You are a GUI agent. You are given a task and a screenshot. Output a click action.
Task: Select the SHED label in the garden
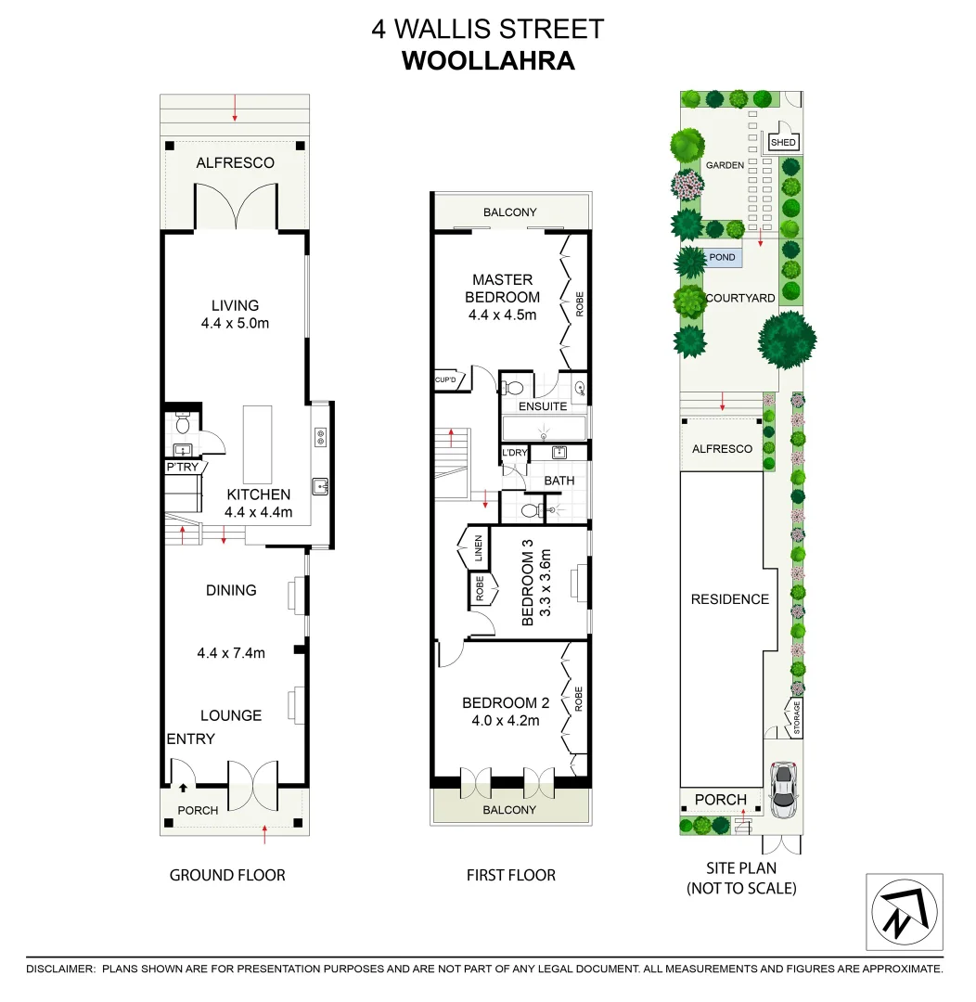783,143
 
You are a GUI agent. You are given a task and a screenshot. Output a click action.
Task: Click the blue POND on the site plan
722,258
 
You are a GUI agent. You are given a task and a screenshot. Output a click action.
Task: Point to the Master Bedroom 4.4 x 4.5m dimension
502,315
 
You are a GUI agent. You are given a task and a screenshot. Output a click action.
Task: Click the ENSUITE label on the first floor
543,406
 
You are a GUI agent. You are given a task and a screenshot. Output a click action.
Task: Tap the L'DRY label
514,453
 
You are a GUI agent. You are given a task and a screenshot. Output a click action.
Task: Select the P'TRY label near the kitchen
182,468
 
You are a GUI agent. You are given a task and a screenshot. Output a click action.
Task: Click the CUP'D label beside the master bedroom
445,380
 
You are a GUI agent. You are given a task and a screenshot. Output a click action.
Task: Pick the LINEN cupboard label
478,547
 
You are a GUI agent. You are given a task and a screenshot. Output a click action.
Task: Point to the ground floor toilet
183,426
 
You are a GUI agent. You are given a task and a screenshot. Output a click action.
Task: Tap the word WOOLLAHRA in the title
488,60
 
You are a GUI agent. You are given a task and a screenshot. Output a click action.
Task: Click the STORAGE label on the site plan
796,718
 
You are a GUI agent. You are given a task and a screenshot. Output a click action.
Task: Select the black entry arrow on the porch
183,788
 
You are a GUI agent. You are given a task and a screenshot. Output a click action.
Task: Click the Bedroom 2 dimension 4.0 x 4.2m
501,721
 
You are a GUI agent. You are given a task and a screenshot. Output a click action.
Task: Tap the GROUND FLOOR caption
227,875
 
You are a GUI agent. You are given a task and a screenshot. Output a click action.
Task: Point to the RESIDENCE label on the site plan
729,599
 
